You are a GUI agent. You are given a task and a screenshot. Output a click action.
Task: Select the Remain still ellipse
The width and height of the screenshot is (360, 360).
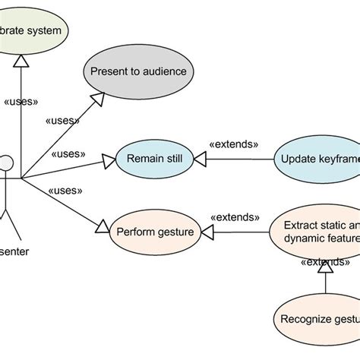[154, 159]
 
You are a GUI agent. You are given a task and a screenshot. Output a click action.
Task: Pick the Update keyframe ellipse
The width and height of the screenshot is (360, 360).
[315, 159]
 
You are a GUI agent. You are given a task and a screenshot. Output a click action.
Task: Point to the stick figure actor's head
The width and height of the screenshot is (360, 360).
[7, 163]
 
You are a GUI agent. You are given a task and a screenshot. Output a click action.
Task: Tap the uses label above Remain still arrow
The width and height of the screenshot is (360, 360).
[68, 154]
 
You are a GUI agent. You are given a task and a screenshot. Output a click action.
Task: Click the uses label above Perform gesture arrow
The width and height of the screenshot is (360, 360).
[65, 191]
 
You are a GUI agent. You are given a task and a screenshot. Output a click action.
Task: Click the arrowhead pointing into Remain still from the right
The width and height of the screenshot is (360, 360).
[200, 159]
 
